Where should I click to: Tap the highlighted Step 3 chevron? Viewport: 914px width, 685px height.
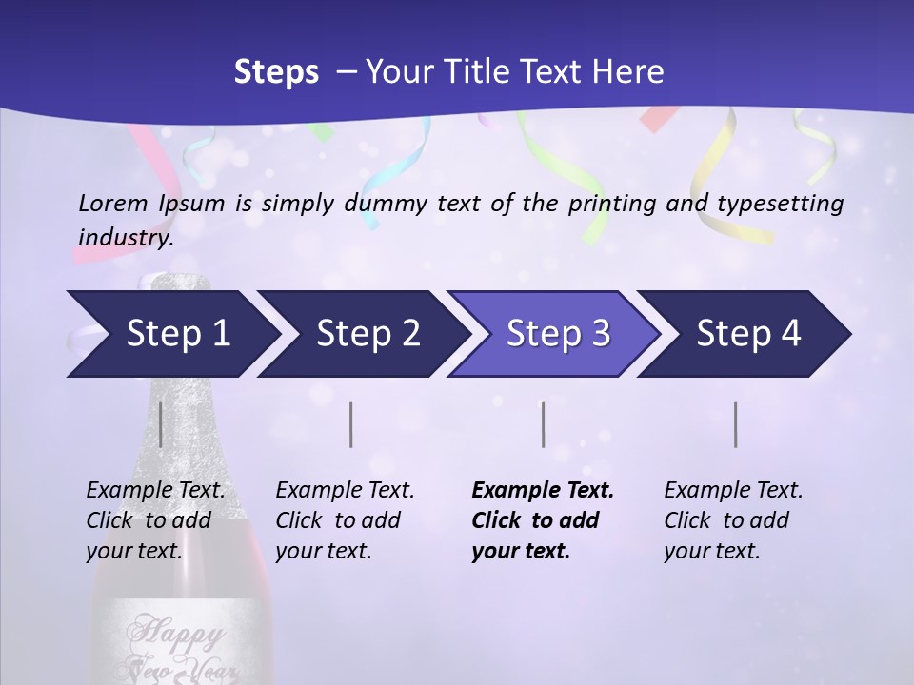point(558,334)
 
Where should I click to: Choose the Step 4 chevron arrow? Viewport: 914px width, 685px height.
point(748,334)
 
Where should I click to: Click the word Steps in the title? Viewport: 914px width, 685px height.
point(276,72)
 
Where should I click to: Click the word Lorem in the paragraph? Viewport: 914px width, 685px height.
point(112,203)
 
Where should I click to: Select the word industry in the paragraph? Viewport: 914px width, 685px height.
point(126,237)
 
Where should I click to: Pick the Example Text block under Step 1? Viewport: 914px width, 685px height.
point(155,520)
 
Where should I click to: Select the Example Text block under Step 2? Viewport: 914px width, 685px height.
point(345,520)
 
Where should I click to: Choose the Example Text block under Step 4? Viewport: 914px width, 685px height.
point(733,520)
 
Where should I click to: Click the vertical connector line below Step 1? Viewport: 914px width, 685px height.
point(160,424)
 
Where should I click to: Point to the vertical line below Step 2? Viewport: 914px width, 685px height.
point(351,424)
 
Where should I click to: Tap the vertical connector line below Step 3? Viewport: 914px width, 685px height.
point(543,424)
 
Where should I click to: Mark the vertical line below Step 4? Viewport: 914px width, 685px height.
point(735,424)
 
